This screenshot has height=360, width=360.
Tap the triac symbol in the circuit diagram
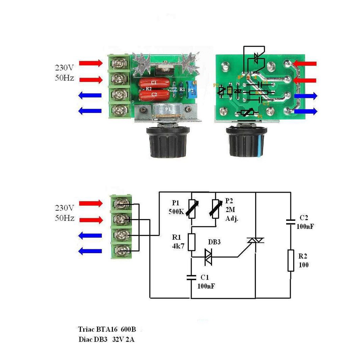tap(255, 240)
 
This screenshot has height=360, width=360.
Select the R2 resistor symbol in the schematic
tap(291, 260)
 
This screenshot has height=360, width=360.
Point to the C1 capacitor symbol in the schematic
tap(191, 277)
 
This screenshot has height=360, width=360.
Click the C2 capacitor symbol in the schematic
tap(291, 221)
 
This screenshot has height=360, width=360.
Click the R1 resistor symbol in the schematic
tap(191, 242)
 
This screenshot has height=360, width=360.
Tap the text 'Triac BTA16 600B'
tap(107, 329)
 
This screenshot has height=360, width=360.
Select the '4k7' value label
tap(178, 246)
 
